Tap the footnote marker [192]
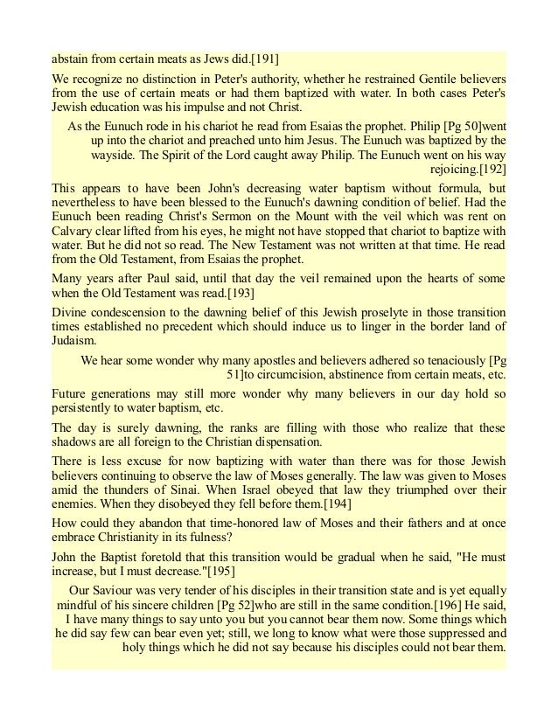490,167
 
